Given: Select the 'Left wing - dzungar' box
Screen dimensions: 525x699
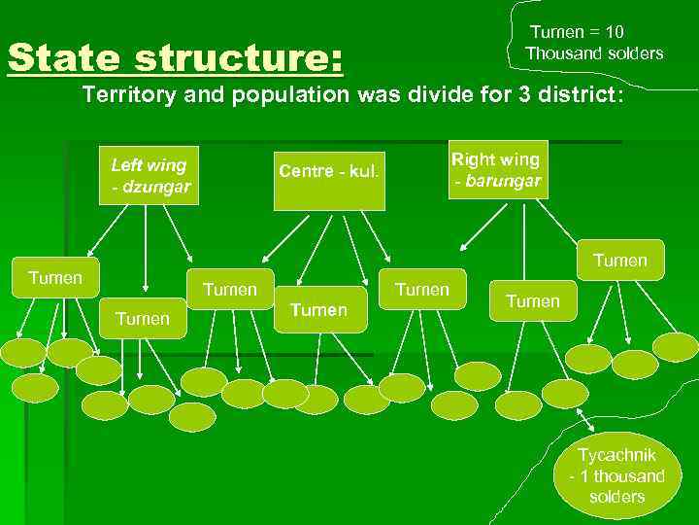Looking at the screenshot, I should [150, 175].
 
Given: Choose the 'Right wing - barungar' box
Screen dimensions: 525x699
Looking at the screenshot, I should [497, 170].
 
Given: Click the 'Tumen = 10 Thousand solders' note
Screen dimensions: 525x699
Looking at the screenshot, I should [594, 44].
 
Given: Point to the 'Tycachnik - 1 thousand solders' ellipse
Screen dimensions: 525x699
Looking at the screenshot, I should [616, 475].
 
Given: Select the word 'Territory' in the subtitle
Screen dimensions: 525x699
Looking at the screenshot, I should [127, 97].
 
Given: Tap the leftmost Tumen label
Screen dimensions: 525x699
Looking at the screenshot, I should [55, 277].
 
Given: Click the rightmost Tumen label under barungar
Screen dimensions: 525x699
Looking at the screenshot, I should [619, 260].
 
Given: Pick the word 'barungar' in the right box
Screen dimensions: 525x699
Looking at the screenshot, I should [503, 182].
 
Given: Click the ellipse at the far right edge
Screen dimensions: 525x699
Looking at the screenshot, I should [677, 346].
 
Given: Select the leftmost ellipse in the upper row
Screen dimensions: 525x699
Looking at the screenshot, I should [23, 352].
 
